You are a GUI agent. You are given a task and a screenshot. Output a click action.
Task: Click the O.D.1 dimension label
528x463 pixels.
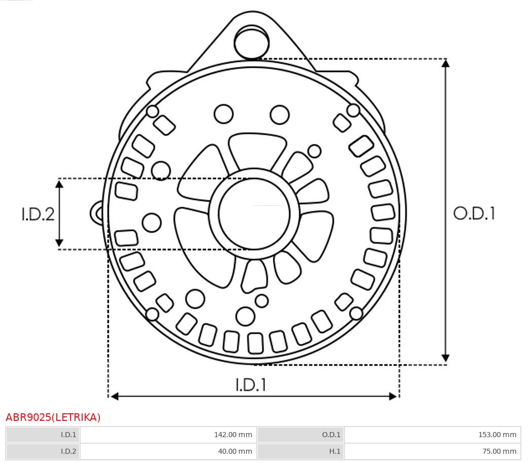pos(474,213)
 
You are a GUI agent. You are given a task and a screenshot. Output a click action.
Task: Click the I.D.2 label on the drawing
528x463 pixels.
pos(38,214)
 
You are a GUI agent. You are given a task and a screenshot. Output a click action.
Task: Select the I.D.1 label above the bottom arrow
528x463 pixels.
pos(251,384)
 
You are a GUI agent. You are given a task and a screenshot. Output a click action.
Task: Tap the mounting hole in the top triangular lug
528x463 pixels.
pos(252,42)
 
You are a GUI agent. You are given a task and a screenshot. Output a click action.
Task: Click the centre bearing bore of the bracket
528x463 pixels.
pos(254,214)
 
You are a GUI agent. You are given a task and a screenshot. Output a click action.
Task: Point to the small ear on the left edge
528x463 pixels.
pos(97,213)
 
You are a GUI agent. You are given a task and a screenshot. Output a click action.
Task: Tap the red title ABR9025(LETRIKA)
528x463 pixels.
pos(53,417)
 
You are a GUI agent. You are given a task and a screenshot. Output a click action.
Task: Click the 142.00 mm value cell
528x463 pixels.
pos(168,435)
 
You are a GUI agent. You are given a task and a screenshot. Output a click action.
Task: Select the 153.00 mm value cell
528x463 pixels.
pos(432,435)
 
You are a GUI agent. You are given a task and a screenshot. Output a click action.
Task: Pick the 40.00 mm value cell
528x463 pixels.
pos(168,451)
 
